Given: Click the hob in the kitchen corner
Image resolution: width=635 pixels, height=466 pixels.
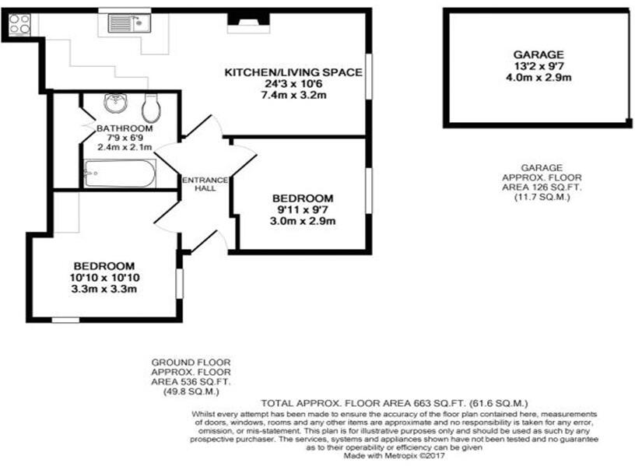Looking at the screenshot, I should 20,24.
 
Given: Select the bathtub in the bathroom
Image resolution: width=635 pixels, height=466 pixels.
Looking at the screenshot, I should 119,173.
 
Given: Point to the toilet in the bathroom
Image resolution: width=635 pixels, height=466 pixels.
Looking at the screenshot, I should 153,104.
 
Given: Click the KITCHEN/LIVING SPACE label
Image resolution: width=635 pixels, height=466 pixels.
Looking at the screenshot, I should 293,72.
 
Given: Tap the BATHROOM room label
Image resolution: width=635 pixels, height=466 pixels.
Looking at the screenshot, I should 125,128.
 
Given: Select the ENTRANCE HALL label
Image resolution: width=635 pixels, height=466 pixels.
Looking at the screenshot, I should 205,185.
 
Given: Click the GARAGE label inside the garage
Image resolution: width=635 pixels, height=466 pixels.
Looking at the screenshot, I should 538,54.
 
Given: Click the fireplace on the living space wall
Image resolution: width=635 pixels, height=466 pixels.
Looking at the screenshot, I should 248,23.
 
